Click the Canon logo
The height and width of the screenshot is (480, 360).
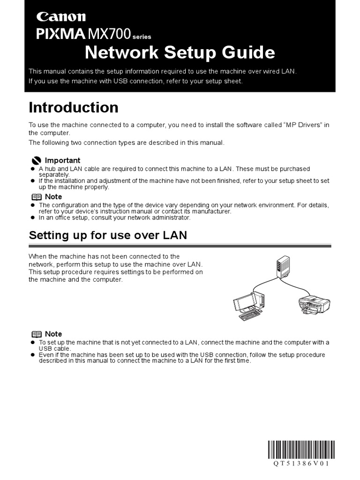pos(61,17)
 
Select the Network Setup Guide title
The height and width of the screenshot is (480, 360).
pos(180,53)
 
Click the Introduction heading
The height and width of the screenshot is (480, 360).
pos(74,108)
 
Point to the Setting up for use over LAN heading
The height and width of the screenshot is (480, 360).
pos(108,235)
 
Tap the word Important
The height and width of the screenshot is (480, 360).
pos(62,160)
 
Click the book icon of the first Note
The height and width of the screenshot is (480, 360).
pos(36,197)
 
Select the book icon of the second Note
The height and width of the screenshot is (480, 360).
pos(36,334)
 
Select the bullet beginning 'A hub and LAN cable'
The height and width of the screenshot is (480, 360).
pos(33,169)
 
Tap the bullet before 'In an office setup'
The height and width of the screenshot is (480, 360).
pos(33,217)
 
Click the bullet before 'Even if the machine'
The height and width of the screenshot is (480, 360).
pos(33,355)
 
